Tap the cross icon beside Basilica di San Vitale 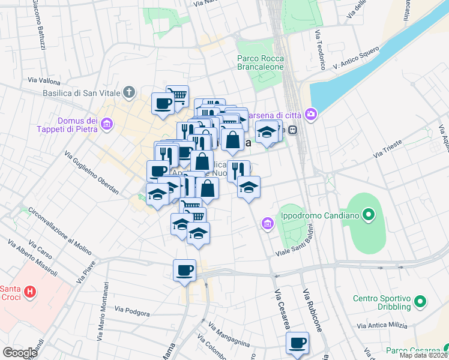128,92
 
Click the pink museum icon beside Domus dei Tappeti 107,125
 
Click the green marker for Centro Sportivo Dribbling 420,302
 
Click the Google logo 20,353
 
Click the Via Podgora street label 132,310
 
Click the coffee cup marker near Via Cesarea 297,343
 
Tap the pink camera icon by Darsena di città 311,113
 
